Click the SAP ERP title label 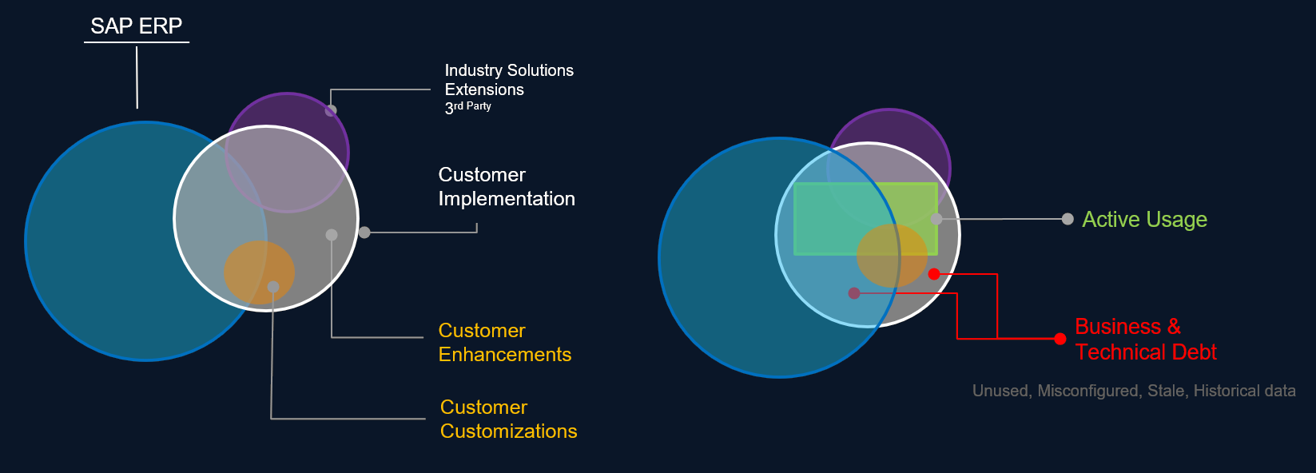click(x=137, y=26)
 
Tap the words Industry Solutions click(x=509, y=70)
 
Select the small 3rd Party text click(x=468, y=106)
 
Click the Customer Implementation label click(x=507, y=187)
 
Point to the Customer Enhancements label click(x=505, y=343)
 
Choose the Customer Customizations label click(x=508, y=419)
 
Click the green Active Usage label click(x=1144, y=220)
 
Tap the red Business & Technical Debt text click(x=1145, y=340)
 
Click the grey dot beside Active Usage click(x=1068, y=219)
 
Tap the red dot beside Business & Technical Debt click(x=1060, y=339)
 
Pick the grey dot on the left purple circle click(x=331, y=110)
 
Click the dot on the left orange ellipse click(x=273, y=287)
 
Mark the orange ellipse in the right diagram click(x=892, y=256)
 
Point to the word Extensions click(x=484, y=89)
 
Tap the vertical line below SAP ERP click(x=137, y=77)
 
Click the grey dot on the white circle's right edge click(x=364, y=233)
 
